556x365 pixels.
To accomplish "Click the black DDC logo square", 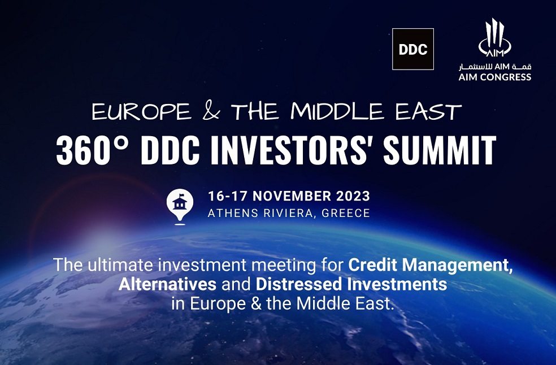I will [412, 49].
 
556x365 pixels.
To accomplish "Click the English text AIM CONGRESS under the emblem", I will [494, 77].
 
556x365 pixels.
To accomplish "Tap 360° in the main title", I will [90, 151].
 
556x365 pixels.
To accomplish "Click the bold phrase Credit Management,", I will [431, 264].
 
